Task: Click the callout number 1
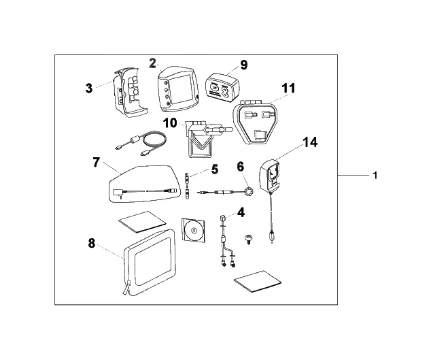(375, 175)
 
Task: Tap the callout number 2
(153, 63)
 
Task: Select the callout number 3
(89, 87)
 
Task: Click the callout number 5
(214, 168)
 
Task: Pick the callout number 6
(240, 166)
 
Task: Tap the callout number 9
(243, 65)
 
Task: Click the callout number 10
(170, 122)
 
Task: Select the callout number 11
(289, 88)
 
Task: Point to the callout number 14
(310, 142)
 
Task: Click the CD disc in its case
(194, 231)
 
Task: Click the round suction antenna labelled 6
(248, 191)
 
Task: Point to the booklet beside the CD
(142, 219)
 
